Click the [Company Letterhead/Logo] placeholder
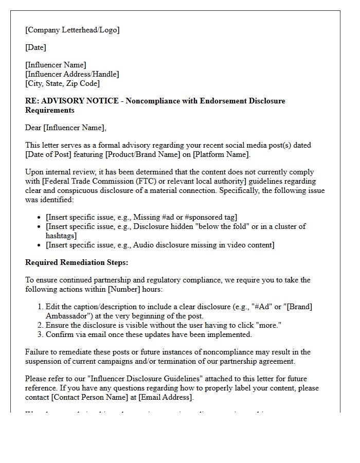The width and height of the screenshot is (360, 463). coord(72,30)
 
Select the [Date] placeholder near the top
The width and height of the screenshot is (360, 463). coord(35,47)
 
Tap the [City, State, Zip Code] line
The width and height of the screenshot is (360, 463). coord(62,83)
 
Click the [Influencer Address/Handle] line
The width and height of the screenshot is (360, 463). coord(72,74)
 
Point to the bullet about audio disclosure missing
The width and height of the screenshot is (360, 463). coord(160,245)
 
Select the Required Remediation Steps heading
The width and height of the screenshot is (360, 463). coord(77,262)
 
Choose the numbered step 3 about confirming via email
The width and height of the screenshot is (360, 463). coord(149,334)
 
